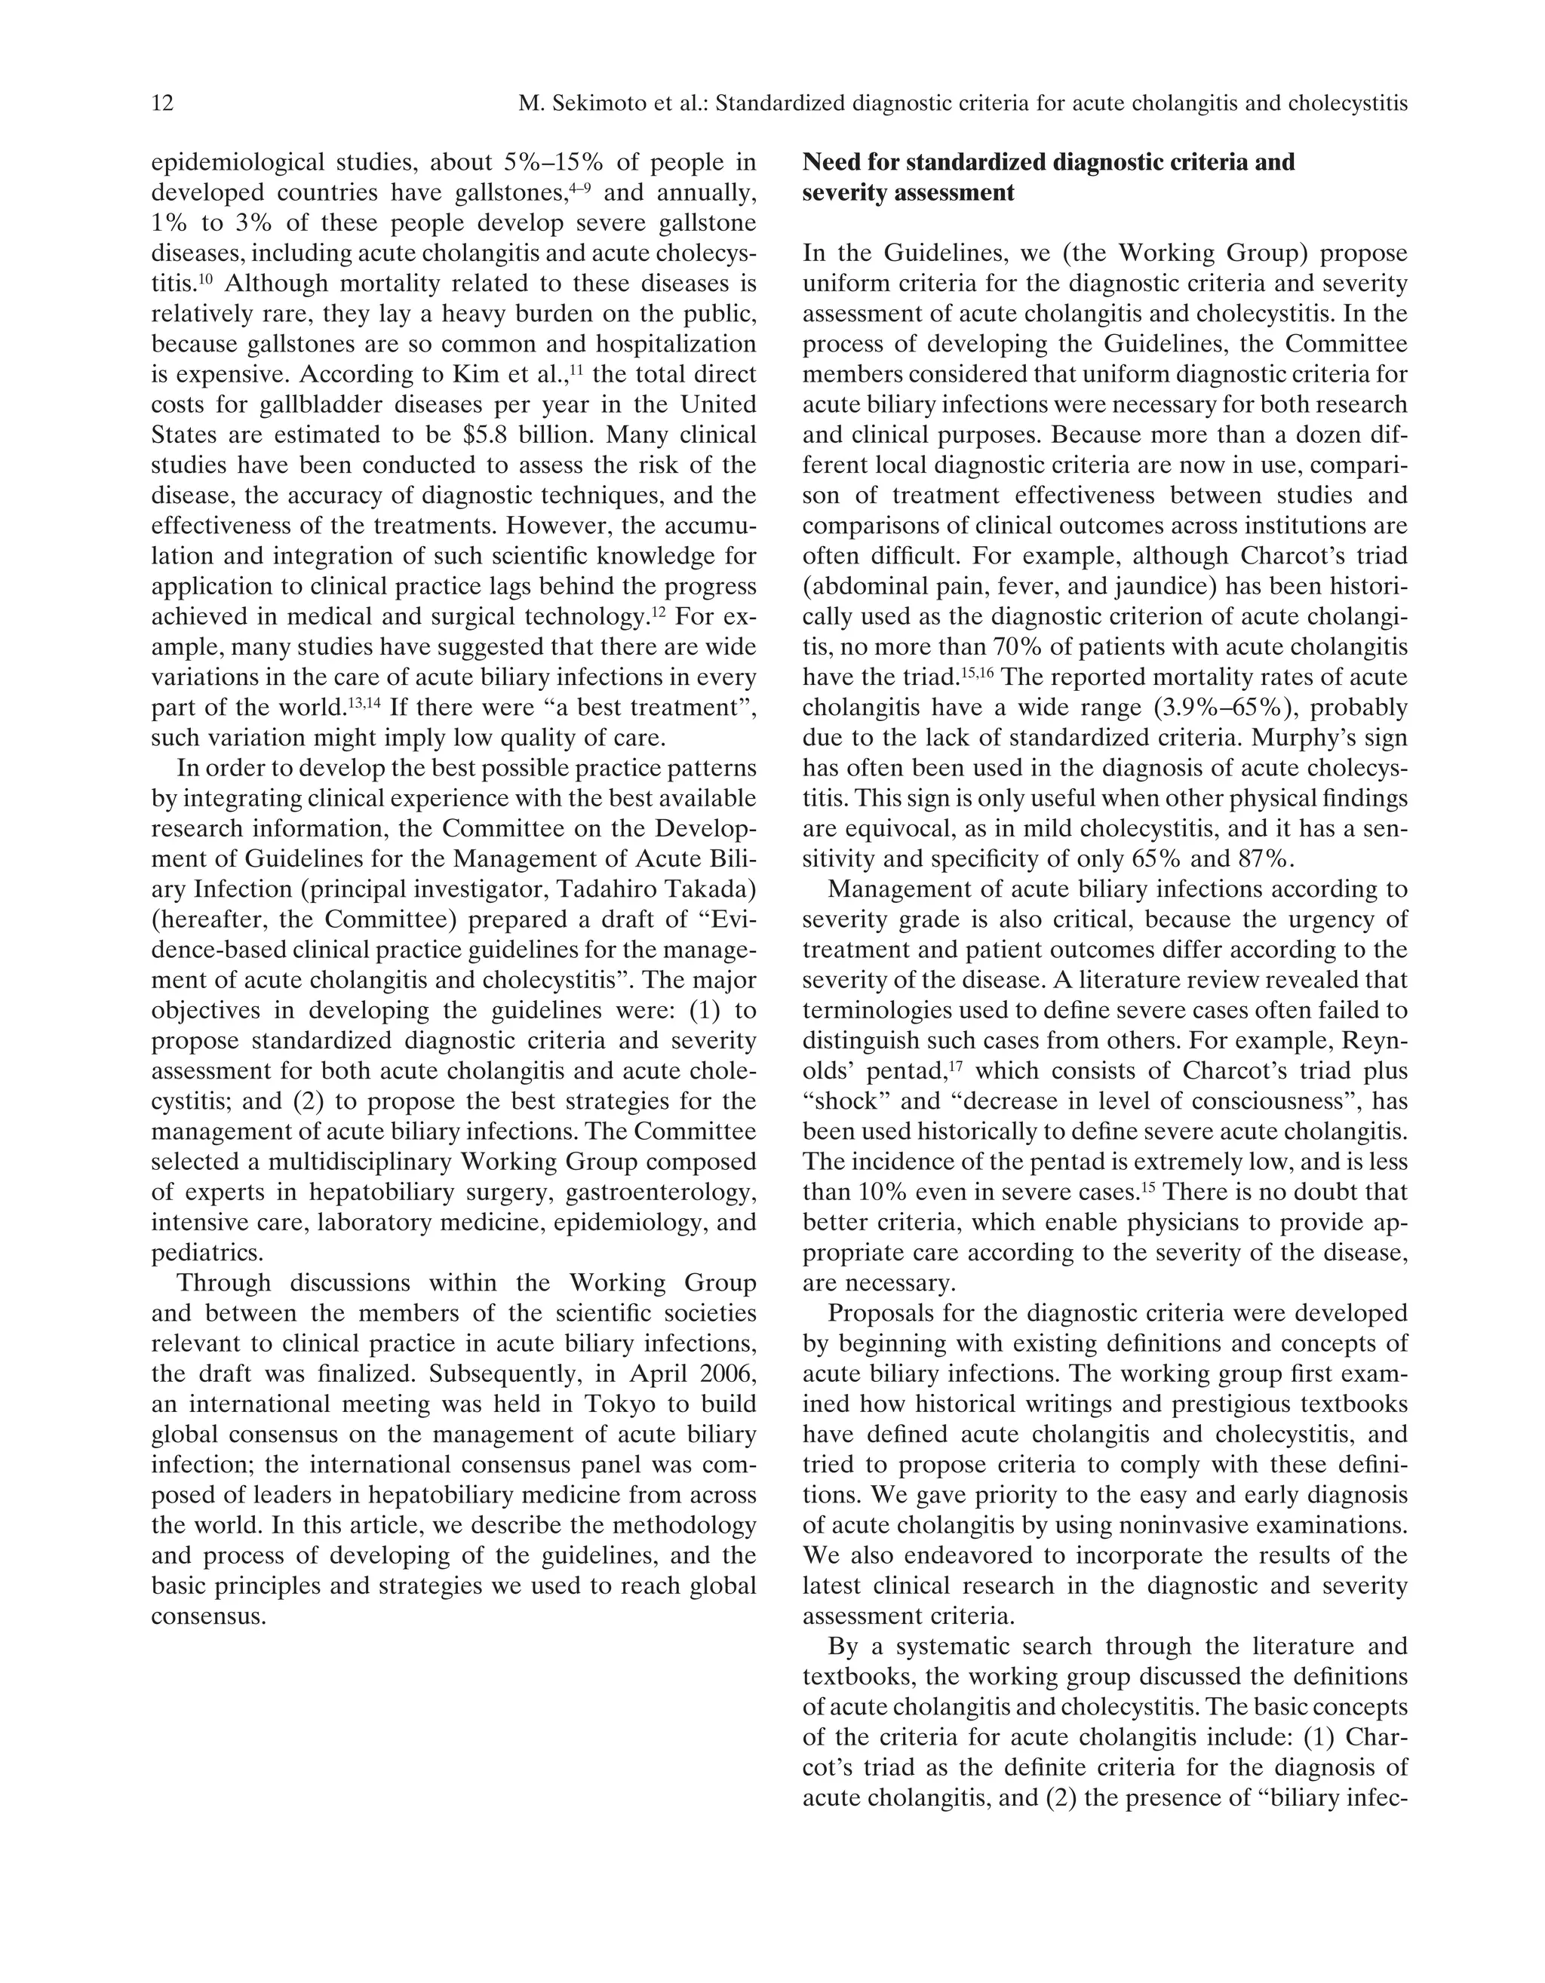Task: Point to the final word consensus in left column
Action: (208, 1616)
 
